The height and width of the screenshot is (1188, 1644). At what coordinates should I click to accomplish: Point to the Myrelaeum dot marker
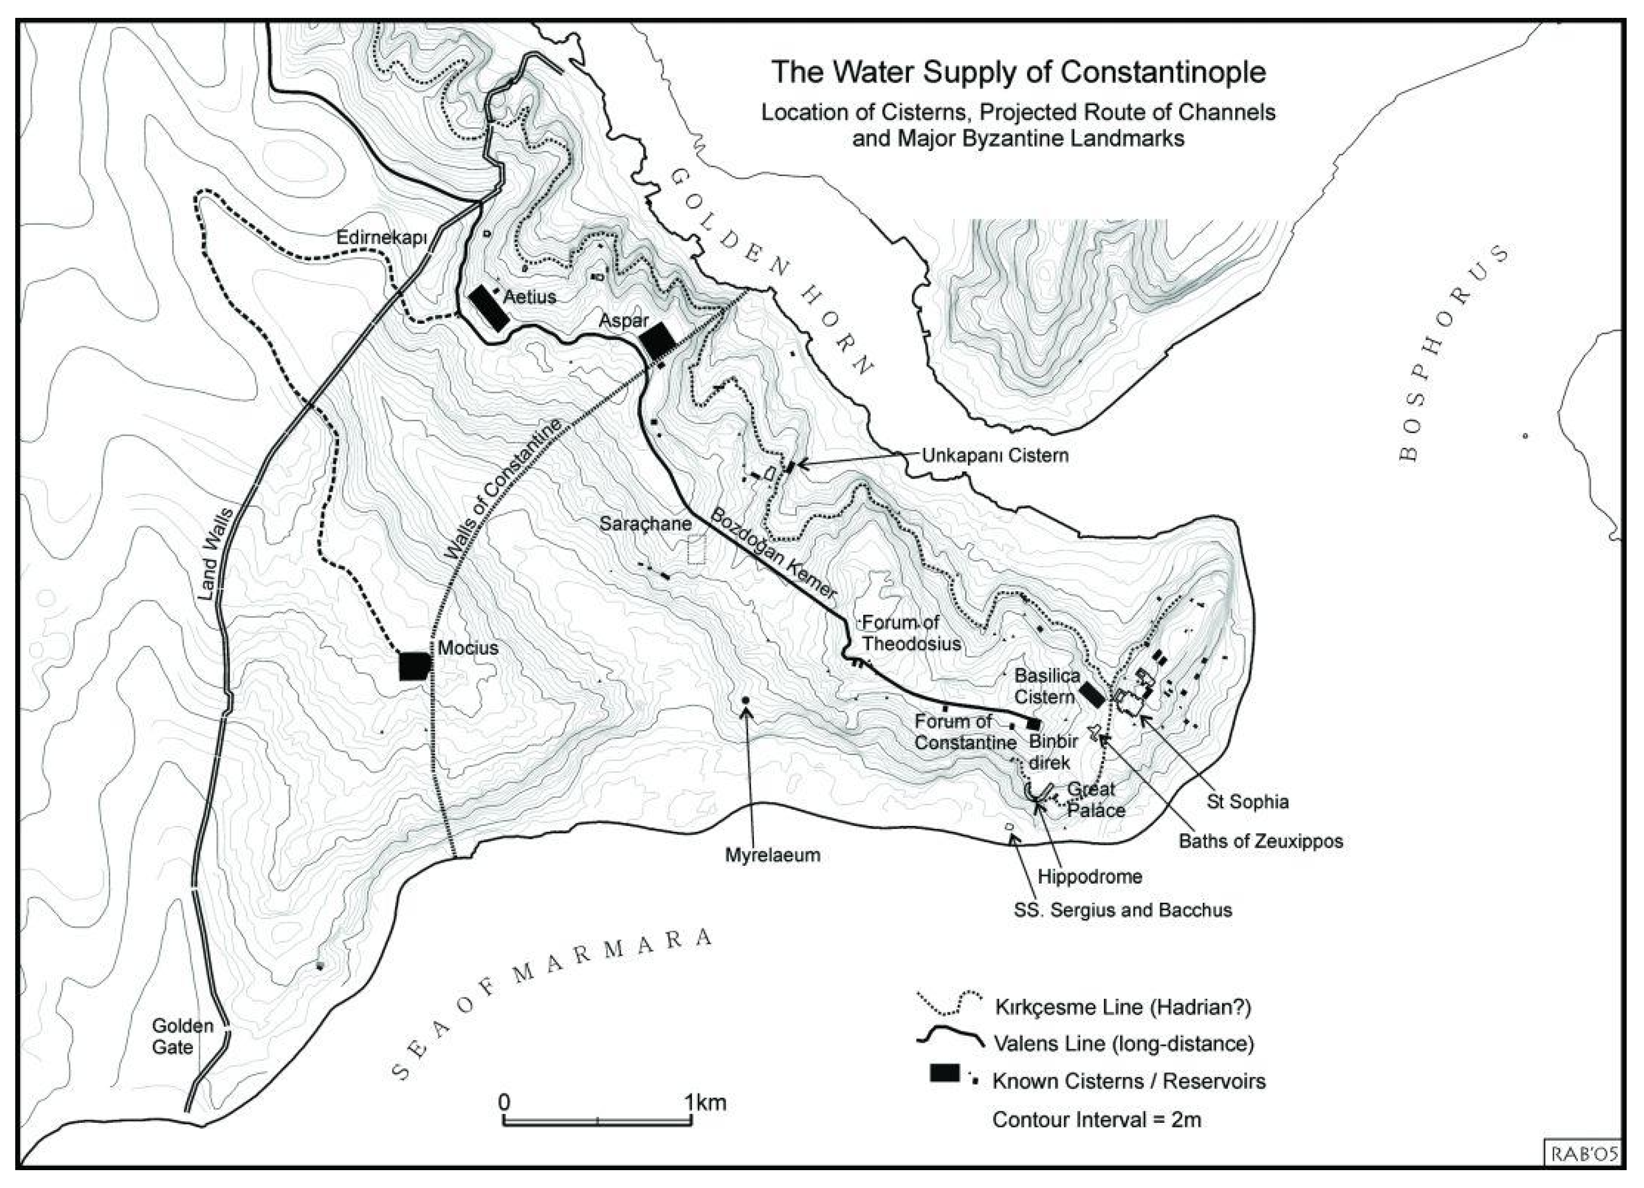745,700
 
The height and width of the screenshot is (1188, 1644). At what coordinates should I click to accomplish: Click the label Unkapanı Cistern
995,455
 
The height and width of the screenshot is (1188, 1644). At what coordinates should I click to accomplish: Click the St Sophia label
1247,802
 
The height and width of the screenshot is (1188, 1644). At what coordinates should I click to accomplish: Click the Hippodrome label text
1090,876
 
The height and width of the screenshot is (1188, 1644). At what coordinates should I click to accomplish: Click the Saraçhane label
645,523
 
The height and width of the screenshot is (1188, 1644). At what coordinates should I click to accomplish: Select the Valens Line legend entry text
1123,1044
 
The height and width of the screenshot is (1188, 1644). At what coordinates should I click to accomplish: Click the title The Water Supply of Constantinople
1018,73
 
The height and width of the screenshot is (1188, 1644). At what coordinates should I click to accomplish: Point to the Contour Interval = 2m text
1096,1120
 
